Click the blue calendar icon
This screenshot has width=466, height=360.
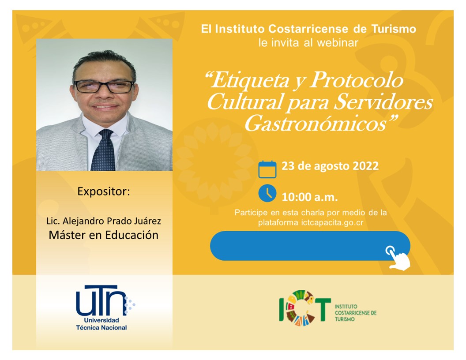coord(267,169)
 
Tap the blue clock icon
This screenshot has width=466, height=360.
coord(267,193)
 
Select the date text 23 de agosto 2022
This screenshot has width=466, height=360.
coord(330,166)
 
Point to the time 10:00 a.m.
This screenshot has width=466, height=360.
coord(310,197)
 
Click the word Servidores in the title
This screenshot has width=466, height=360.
coord(383,102)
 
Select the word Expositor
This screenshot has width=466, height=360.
coord(104,191)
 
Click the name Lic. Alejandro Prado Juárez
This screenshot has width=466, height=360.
coord(104,221)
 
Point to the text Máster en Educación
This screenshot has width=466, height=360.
coord(104,235)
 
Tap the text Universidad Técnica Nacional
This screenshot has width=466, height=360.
coord(101,324)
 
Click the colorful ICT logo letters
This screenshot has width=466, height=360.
coord(305,307)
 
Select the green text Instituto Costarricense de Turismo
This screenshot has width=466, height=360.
coord(355,313)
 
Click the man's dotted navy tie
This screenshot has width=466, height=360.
coord(103,151)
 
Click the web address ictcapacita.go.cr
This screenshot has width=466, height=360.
coord(332,223)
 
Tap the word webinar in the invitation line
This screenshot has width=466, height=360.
coord(338,43)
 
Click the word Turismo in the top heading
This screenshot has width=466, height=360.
coord(394,29)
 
